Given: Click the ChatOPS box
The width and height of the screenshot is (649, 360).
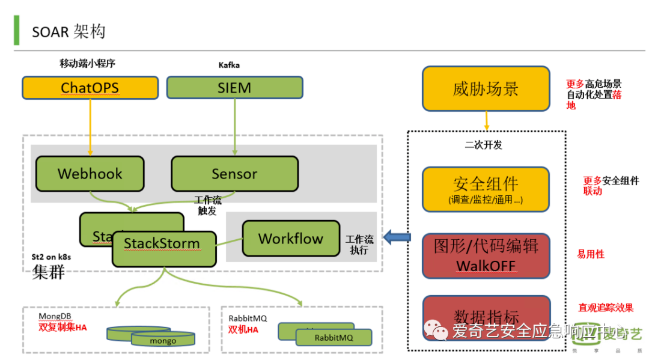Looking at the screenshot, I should coord(90,88).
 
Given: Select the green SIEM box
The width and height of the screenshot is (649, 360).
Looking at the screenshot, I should coord(234,88).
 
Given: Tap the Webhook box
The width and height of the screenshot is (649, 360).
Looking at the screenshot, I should coord(90,174).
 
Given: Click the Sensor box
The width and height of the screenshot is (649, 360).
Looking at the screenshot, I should coord(234,174).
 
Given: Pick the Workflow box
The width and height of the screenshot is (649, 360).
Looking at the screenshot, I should coord(291,238).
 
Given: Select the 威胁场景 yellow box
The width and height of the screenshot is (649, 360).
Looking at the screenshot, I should coord(486,89).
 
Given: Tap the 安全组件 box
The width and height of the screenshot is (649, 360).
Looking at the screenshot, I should coord(486,189).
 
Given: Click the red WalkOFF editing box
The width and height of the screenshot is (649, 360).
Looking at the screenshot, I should coord(486,256).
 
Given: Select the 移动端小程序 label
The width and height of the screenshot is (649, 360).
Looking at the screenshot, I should coord(87,63).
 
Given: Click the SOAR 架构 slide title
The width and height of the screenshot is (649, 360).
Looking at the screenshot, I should coord(69,31).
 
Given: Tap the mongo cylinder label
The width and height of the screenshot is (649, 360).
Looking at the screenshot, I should coord(163,341).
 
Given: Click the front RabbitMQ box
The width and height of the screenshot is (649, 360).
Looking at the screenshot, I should coord(334,337).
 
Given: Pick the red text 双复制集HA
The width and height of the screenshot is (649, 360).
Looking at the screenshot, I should coord(62,327).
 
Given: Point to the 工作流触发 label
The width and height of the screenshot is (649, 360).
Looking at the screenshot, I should coord(207,206).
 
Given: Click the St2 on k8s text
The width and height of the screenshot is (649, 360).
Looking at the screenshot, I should coord(51,257).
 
